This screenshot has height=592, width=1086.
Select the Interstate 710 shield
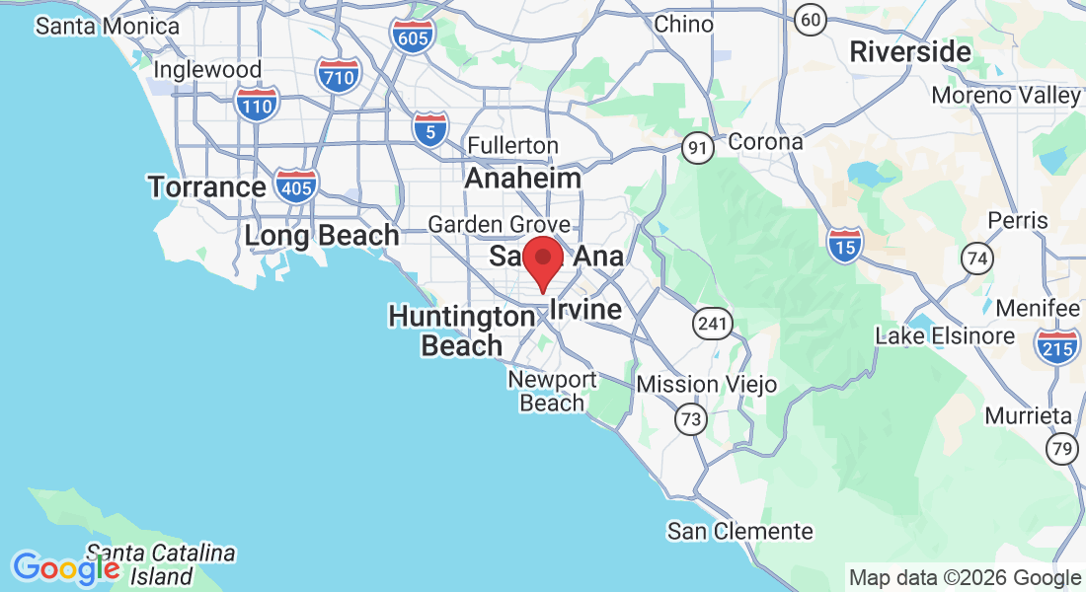tap(338, 74)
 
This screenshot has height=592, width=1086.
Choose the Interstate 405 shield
tap(297, 186)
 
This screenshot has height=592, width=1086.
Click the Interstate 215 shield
tap(1056, 344)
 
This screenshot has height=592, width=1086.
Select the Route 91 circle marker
tap(698, 148)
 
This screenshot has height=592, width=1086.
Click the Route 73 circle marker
tap(691, 420)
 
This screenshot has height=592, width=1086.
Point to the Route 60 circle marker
tap(812, 19)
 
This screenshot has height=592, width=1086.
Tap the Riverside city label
tap(911, 50)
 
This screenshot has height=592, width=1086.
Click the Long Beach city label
tap(322, 236)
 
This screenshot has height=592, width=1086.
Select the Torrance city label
tap(206, 186)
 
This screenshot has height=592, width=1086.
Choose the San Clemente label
tap(740, 532)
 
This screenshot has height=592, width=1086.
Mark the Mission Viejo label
tap(707, 384)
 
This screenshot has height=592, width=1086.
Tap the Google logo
tap(66, 568)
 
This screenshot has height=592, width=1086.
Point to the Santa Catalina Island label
tap(160, 563)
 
